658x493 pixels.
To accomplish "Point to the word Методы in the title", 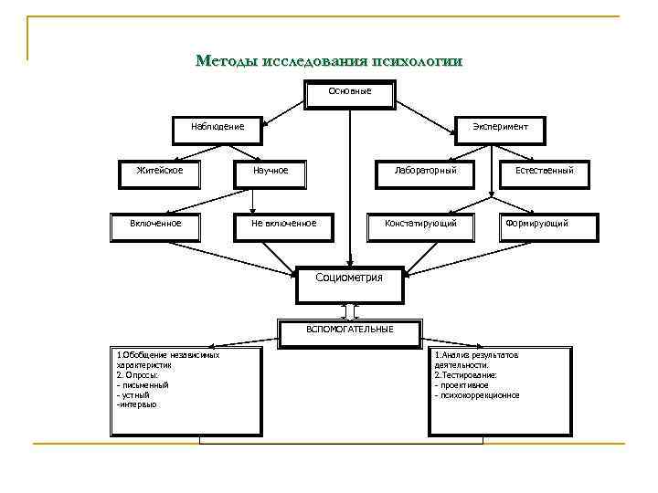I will tap(226, 62).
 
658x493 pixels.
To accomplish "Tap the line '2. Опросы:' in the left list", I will tap(138, 375).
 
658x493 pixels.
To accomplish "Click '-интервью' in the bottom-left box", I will tap(137, 404).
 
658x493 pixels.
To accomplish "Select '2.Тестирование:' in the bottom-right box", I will tap(466, 375).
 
